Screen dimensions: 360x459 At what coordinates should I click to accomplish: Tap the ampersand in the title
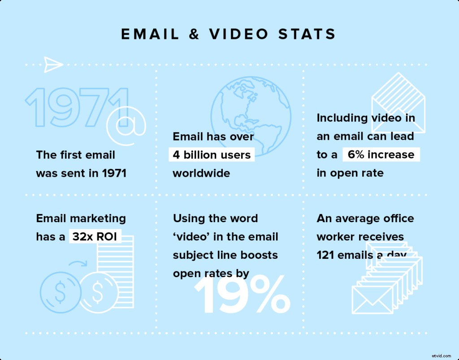[x=194, y=34]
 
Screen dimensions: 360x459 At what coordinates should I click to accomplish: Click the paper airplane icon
[x=53, y=64]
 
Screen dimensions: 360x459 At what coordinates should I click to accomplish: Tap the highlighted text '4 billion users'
[x=212, y=155]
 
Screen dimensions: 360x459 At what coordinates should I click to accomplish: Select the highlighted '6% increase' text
[x=381, y=155]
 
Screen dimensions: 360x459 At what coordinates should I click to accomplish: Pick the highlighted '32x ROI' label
[x=95, y=236]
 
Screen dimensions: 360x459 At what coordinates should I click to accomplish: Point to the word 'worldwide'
[x=201, y=173]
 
